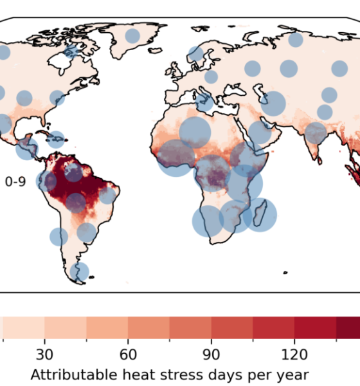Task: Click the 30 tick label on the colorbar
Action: coord(44,354)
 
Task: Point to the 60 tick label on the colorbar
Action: coord(128,354)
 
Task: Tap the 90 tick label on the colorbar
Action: coord(212,354)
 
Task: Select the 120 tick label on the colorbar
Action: coord(294,354)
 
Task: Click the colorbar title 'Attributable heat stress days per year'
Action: coord(170,375)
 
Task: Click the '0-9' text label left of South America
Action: coord(15,182)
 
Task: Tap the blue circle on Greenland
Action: coord(132,36)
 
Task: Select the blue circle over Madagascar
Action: coord(260,215)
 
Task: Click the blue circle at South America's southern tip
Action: coord(80,271)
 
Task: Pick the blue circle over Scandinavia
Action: coord(196,54)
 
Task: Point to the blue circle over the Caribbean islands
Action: coord(56,140)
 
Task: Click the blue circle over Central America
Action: coord(27,149)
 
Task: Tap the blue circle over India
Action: coord(316,133)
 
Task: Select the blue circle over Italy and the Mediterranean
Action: coord(204,102)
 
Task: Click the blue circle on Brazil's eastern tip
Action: coord(107,196)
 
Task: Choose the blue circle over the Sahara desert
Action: coord(195,133)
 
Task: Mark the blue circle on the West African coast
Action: coord(175,158)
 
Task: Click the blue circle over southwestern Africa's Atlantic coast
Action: coord(208,221)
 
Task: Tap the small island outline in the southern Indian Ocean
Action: coord(285,273)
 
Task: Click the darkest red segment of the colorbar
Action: coord(348,327)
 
